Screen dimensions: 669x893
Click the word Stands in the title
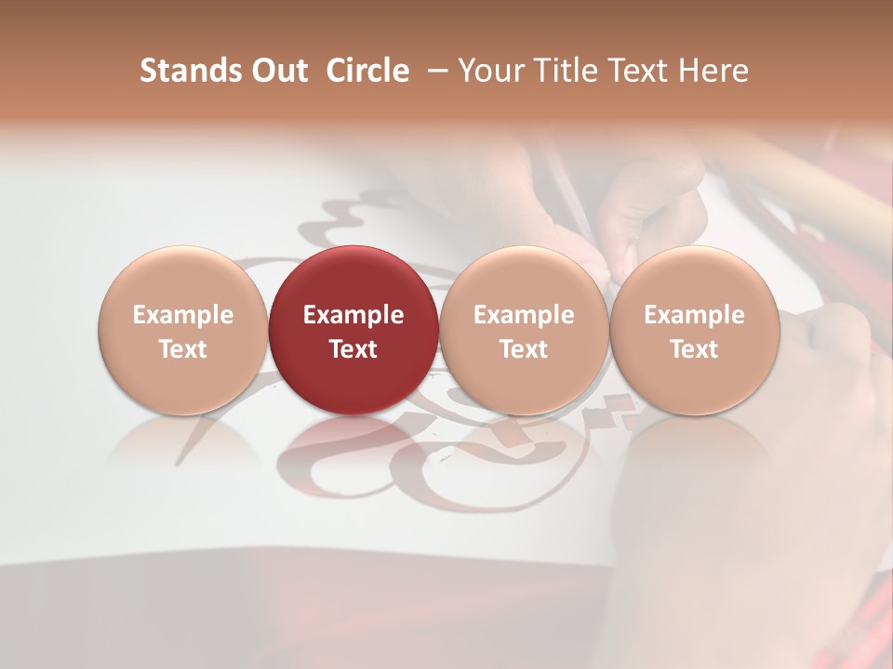point(187,71)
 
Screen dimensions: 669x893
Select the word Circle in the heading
point(367,71)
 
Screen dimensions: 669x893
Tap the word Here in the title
point(712,71)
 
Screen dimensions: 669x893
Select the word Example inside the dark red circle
point(353,315)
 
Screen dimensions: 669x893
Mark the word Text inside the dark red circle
point(353,349)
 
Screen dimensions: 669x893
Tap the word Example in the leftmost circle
point(182,315)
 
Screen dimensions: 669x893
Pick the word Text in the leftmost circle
point(182,349)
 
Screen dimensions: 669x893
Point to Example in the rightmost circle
point(694,315)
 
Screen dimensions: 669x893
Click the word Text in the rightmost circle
point(694,349)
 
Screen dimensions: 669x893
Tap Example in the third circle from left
point(524,315)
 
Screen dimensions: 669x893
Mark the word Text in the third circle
point(524,349)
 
